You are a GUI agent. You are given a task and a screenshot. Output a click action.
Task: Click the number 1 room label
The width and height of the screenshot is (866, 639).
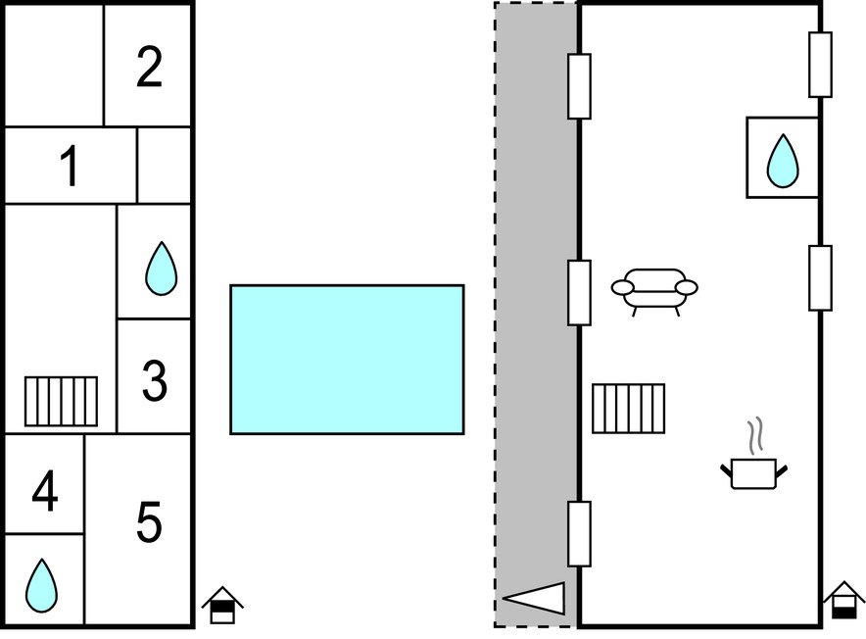click(x=70, y=166)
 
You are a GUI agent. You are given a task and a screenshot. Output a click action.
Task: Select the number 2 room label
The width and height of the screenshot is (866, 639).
click(x=149, y=67)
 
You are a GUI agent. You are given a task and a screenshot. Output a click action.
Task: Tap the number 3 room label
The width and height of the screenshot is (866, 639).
click(x=155, y=380)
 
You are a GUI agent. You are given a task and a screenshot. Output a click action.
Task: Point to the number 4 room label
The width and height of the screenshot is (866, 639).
click(x=45, y=491)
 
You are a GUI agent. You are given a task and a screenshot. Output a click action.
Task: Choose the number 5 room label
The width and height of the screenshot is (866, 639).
click(x=149, y=521)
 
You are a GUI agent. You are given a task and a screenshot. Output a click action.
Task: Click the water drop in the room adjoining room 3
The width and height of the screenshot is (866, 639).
click(x=162, y=269)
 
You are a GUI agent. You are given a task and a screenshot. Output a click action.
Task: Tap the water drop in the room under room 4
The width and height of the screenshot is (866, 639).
click(x=41, y=585)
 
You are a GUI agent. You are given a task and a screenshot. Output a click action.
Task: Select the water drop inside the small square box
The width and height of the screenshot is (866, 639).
click(x=783, y=161)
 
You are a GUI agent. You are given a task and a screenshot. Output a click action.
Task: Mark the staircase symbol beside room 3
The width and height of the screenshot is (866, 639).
click(x=62, y=401)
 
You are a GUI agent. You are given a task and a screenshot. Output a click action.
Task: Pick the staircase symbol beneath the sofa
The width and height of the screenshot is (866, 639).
click(x=629, y=409)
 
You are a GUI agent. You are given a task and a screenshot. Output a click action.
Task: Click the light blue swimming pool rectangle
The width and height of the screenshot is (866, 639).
click(x=347, y=360)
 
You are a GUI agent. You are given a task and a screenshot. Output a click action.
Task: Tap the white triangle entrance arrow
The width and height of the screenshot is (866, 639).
click(x=534, y=598)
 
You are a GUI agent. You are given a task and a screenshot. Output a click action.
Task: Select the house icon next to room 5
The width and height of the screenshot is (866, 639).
click(x=222, y=605)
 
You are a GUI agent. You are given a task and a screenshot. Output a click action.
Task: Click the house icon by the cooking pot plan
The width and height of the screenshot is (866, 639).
click(x=843, y=600)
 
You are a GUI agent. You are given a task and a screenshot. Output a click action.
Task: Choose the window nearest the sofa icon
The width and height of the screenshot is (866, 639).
click(x=579, y=292)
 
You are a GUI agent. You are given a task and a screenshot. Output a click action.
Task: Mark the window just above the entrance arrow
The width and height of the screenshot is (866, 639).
click(x=579, y=534)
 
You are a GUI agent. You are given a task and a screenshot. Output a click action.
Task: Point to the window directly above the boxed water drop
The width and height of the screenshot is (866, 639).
click(x=821, y=65)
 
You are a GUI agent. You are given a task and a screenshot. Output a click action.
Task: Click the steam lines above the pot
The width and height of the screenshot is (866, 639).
click(x=755, y=435)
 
